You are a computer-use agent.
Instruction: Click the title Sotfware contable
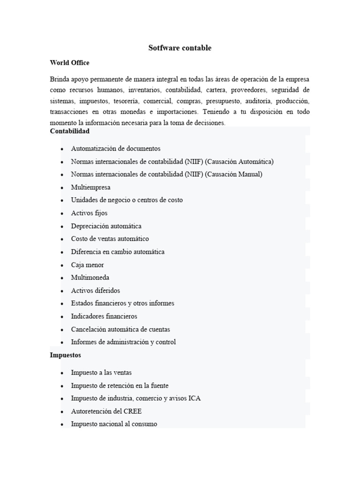(180, 48)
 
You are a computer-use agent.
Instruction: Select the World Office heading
(69, 63)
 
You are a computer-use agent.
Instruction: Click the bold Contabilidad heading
(69, 131)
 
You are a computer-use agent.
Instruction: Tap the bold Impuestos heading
(65, 355)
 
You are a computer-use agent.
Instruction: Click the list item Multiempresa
(90, 187)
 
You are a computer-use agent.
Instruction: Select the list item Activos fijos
(89, 213)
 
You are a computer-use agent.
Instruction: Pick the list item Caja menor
(87, 265)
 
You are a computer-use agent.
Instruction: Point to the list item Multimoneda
(90, 277)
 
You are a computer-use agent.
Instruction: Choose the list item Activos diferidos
(95, 291)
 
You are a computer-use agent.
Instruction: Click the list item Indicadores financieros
(104, 316)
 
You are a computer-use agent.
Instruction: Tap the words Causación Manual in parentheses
(233, 174)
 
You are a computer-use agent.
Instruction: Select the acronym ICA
(195, 398)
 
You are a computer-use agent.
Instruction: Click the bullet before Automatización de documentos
(62, 149)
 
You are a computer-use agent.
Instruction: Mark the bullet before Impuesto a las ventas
(62, 373)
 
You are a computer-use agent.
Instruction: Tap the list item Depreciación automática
(106, 226)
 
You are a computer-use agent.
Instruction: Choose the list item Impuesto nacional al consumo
(114, 424)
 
